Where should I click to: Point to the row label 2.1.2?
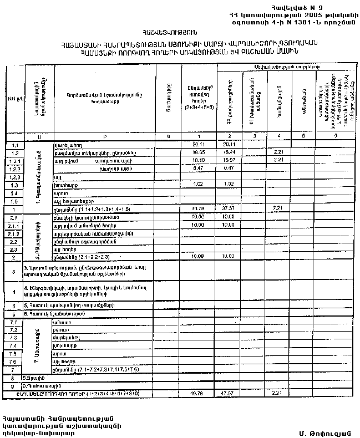point(15,234)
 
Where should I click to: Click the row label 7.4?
point(15,345)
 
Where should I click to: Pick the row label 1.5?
point(15,201)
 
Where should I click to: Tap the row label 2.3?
point(15,250)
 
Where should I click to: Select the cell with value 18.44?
point(229,152)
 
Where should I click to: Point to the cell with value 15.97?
point(229,160)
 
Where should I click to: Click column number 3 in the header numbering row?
point(253,135)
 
